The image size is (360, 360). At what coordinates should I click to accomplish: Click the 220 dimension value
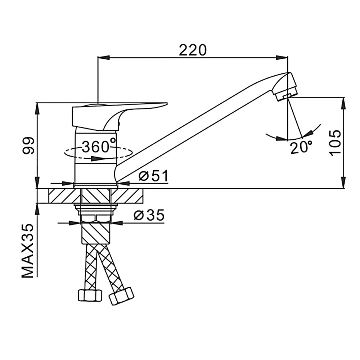click(x=193, y=50)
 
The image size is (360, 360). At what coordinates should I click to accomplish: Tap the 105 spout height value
click(x=336, y=144)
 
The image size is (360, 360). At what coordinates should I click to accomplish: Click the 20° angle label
click(x=301, y=147)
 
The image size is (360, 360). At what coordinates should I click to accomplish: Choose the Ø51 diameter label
click(x=153, y=176)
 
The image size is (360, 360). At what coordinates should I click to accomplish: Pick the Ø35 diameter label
click(x=149, y=215)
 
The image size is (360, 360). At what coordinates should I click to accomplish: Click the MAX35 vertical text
click(x=28, y=251)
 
